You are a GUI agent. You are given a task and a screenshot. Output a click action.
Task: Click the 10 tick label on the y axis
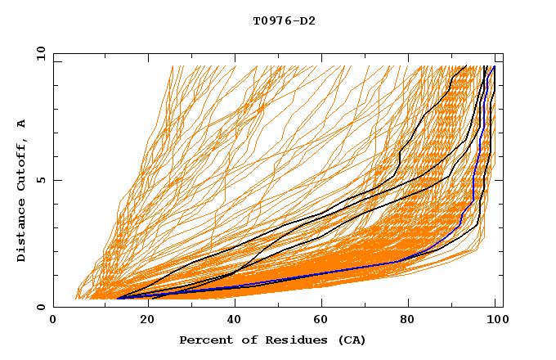pos(40,53)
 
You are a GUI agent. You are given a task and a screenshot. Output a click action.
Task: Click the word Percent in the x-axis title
pos(204,340)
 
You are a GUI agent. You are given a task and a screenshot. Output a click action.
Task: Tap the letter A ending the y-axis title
pos(22,124)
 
